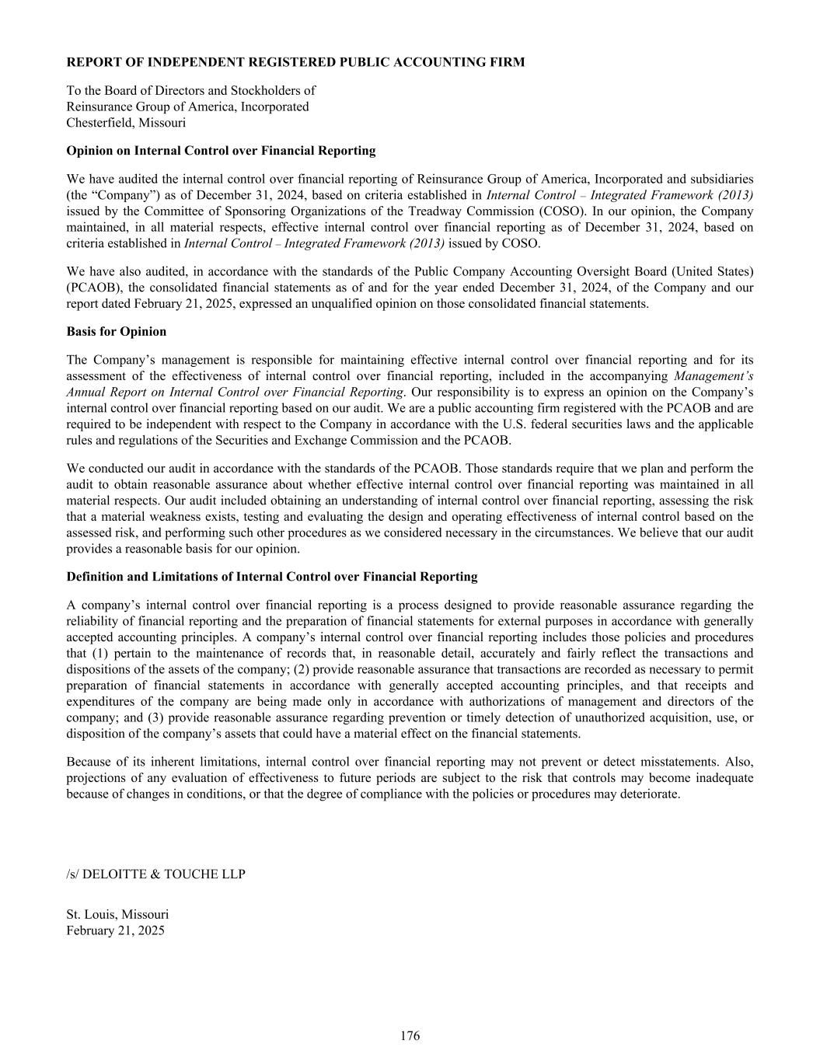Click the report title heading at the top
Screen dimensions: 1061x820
click(x=295, y=62)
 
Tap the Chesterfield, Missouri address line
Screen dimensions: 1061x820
click(x=126, y=123)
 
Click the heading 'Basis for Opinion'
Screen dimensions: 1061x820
click(x=117, y=332)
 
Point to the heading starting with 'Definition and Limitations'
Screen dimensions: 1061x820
click(x=272, y=577)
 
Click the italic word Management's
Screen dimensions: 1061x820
click(x=714, y=376)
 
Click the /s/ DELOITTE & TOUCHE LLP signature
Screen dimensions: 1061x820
click(x=155, y=874)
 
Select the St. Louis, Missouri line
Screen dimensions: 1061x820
click(x=117, y=915)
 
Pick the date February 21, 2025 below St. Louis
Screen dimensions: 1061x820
click(x=115, y=930)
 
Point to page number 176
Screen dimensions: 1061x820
click(x=410, y=1036)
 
